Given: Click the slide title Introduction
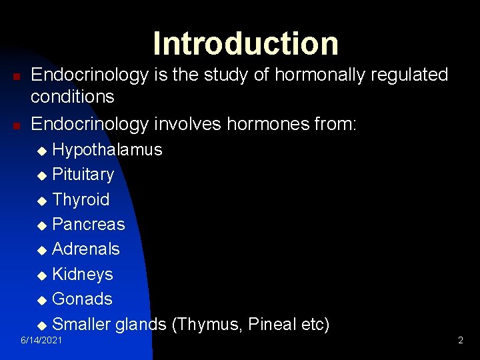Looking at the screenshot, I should (245, 43).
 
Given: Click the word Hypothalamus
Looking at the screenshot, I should (107, 149).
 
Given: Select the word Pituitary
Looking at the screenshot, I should (83, 175).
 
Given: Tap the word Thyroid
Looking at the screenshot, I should (81, 199).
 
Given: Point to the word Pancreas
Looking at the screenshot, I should (88, 224).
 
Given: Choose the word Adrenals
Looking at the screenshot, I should (85, 249).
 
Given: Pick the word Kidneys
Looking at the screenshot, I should (82, 274).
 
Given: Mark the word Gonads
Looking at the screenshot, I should (82, 299).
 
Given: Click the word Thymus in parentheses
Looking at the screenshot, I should (209, 325).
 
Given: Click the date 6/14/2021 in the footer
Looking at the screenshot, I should (42, 341).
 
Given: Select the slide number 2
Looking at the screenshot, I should (460, 341).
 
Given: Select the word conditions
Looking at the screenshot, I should (73, 97).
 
